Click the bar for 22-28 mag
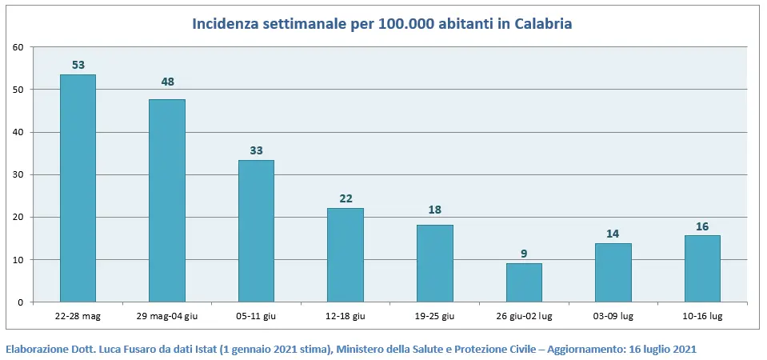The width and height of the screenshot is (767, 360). click(x=78, y=188)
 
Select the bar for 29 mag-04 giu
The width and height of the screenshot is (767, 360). click(x=167, y=200)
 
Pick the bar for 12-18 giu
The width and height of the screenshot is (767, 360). click(x=346, y=255)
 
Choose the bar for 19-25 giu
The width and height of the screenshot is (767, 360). click(x=434, y=263)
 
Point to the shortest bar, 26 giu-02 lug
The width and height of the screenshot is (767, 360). click(x=524, y=282)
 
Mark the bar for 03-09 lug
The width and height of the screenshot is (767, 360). click(x=613, y=272)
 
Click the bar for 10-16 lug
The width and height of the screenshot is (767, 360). click(x=702, y=269)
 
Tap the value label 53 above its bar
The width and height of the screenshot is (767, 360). click(x=78, y=65)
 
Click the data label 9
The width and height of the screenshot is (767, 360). click(x=524, y=254)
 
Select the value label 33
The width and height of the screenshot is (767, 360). click(x=256, y=150)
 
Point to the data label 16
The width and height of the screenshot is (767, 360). click(x=702, y=226)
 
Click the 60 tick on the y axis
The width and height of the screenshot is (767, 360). click(x=18, y=47)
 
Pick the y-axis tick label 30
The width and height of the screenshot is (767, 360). click(x=18, y=174)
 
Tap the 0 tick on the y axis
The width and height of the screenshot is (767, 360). click(x=20, y=302)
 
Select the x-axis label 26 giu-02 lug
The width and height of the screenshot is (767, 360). click(x=524, y=317)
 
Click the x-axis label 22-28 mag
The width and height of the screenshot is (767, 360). click(x=78, y=317)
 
